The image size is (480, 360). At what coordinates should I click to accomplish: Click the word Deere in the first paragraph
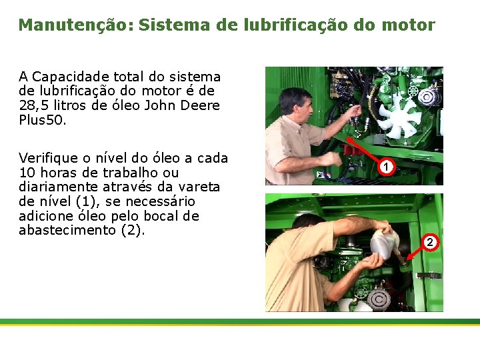[199, 106]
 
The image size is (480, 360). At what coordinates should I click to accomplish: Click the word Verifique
[47, 158]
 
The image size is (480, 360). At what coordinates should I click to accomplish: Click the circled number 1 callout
[385, 166]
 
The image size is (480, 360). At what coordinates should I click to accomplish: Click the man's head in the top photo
[295, 103]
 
